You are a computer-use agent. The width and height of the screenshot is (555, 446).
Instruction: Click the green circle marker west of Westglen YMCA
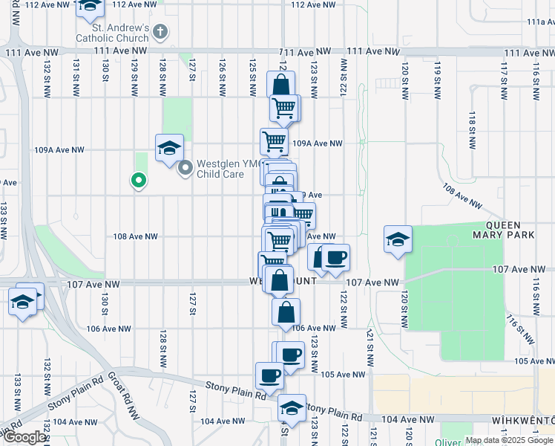137,179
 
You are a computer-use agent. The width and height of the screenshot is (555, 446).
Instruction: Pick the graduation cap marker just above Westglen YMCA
169,147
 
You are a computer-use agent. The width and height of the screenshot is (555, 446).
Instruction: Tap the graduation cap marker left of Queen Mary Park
398,239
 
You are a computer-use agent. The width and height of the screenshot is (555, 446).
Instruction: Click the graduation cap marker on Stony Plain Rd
292,408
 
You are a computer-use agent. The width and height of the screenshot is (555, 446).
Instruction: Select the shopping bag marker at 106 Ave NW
286,312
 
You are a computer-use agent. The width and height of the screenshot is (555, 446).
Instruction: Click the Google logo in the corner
24,436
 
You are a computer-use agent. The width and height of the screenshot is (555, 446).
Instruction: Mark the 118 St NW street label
472,123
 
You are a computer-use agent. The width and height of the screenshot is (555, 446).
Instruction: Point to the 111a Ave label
540,22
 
